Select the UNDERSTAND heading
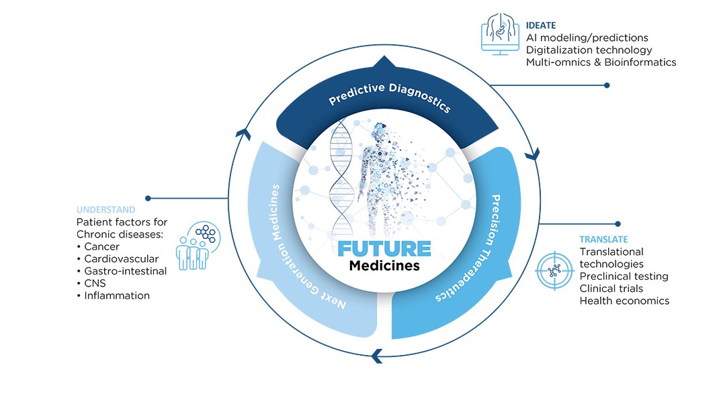click(105, 209)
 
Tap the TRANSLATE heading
click(603, 239)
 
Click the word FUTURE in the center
click(384, 248)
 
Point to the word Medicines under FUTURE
click(384, 266)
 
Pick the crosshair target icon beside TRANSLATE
click(554, 270)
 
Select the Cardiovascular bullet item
click(116, 258)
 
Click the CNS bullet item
click(95, 283)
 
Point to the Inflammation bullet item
click(116, 295)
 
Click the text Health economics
click(624, 301)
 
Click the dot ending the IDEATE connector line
click(607, 85)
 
